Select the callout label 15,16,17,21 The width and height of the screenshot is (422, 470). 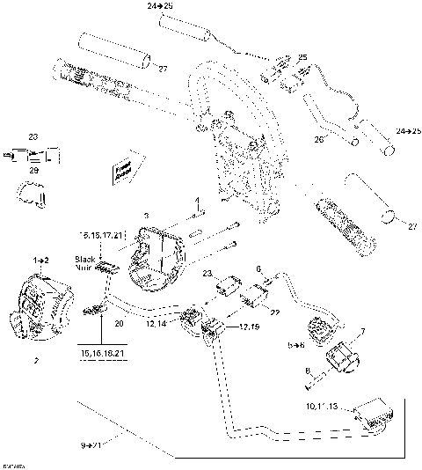(x=102, y=235)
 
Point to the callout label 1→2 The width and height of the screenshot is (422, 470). (x=41, y=261)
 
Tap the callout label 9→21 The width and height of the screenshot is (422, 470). (x=91, y=446)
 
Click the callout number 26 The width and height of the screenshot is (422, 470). (x=320, y=139)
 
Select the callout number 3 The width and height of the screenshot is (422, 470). (x=147, y=215)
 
